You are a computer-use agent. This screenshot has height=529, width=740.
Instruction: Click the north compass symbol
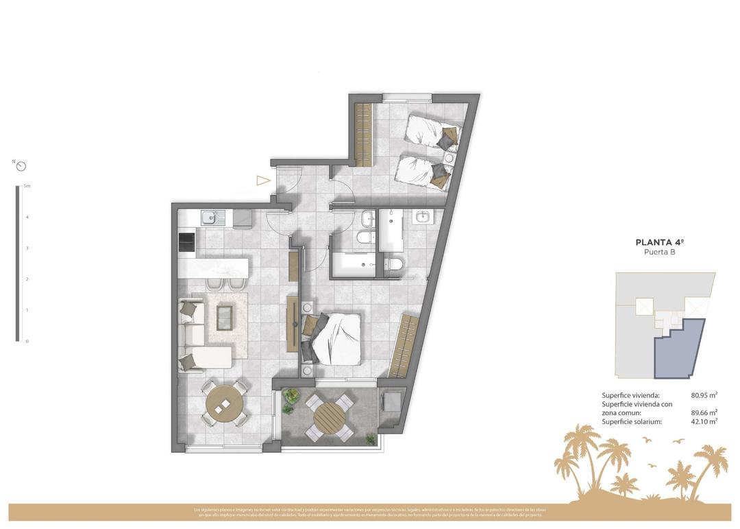[x=21, y=166]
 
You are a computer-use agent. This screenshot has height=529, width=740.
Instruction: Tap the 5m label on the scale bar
[x=27, y=186]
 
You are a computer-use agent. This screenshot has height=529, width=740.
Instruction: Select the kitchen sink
[x=209, y=219]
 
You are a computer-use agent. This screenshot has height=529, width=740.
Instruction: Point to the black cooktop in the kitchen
[x=186, y=243]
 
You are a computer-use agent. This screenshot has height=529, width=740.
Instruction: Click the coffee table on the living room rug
[x=224, y=317]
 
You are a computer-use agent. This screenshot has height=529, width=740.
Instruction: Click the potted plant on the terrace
[x=291, y=397]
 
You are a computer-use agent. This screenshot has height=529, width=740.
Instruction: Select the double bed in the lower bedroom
[x=334, y=338]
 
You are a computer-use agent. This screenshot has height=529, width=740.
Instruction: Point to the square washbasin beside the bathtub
[x=422, y=218]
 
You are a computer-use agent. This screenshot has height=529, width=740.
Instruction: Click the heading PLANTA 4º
[x=659, y=242]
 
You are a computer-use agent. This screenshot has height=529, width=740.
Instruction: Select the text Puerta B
[x=659, y=252]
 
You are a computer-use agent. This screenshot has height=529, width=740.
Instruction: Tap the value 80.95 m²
[x=704, y=395]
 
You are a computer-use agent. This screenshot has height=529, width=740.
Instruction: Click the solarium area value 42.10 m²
[x=704, y=421]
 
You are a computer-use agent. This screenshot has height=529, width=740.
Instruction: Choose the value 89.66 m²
[x=704, y=412]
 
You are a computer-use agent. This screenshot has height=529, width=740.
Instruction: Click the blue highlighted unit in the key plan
[x=681, y=350]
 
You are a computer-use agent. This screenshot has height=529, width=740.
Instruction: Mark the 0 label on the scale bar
[x=27, y=341]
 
